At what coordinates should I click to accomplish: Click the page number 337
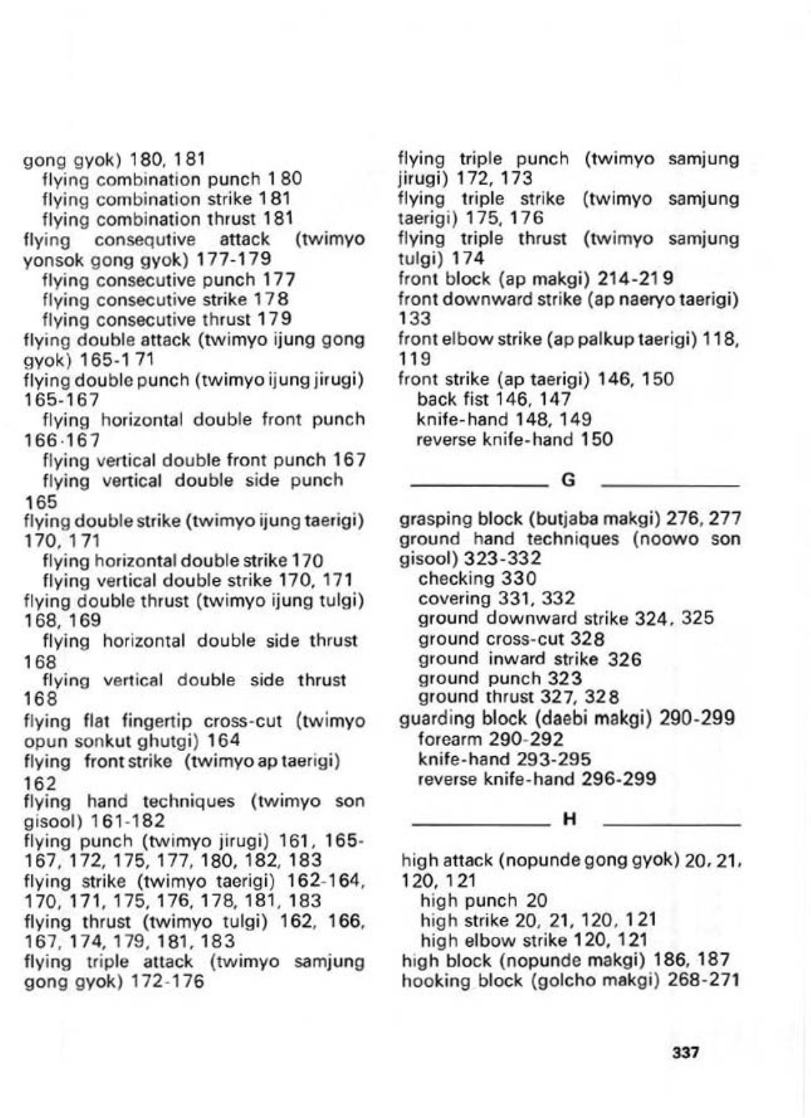[x=684, y=1052]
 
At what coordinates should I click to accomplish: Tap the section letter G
[x=568, y=479]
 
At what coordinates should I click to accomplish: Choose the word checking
[x=457, y=578]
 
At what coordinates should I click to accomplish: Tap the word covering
[x=456, y=599]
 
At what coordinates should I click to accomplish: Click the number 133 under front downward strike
[x=415, y=317]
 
